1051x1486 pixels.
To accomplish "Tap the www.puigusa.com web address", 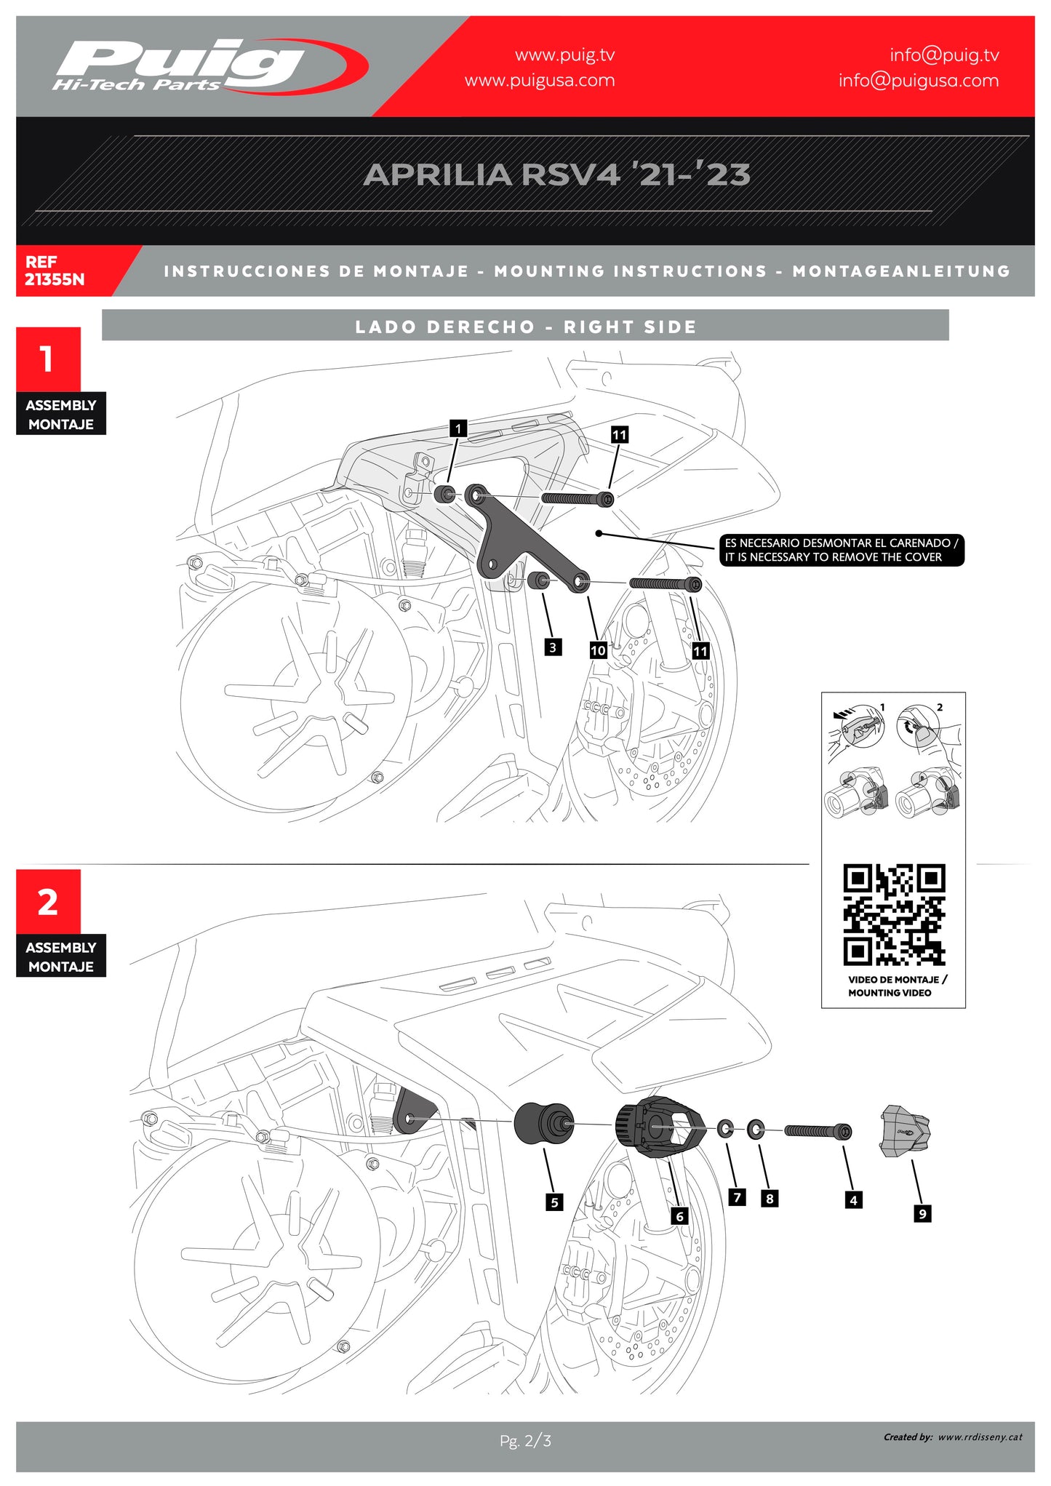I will tap(540, 81).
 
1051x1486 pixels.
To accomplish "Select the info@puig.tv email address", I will tap(944, 55).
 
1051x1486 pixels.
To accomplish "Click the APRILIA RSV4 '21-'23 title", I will tap(556, 175).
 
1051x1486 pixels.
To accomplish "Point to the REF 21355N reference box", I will tap(55, 271).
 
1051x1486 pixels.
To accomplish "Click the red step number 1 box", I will tap(48, 359).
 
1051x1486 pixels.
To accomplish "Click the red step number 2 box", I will tap(48, 902).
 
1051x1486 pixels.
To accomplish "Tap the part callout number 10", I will tap(598, 650).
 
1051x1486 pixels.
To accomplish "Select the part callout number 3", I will tap(553, 647).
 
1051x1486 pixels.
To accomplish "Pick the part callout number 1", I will tap(458, 428).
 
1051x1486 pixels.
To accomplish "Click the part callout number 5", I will tap(554, 1202).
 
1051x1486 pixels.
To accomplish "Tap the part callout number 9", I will tap(922, 1213).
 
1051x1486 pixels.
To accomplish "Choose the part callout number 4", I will tap(854, 1200).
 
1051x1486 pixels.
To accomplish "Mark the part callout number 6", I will tap(680, 1216).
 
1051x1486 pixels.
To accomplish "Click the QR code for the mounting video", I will tap(894, 915).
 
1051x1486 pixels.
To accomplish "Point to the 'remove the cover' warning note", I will tap(842, 550).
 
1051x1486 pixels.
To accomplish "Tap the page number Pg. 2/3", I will tap(525, 1440).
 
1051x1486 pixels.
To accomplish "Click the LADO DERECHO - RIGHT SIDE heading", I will tap(525, 327).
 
